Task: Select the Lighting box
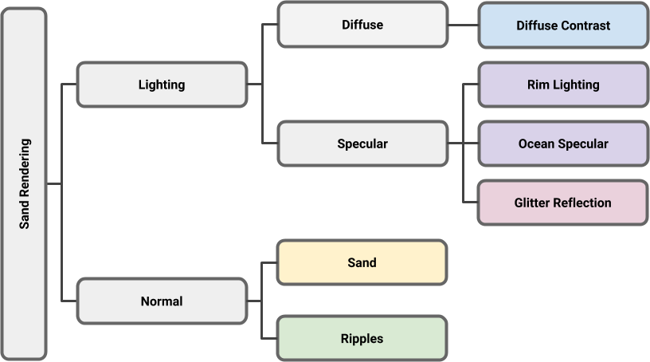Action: click(162, 85)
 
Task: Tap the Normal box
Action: click(162, 301)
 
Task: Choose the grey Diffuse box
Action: click(362, 25)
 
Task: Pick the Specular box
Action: click(362, 144)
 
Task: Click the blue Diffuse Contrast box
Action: click(562, 26)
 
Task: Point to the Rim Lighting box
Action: click(562, 85)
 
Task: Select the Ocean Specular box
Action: click(562, 144)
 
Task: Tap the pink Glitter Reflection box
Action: click(562, 203)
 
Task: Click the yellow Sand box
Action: click(362, 262)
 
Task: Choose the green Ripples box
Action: click(362, 339)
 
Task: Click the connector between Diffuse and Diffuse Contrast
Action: click(462, 25)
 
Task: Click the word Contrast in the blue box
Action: click(585, 26)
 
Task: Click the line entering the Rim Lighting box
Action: click(471, 85)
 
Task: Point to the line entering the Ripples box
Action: click(270, 339)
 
